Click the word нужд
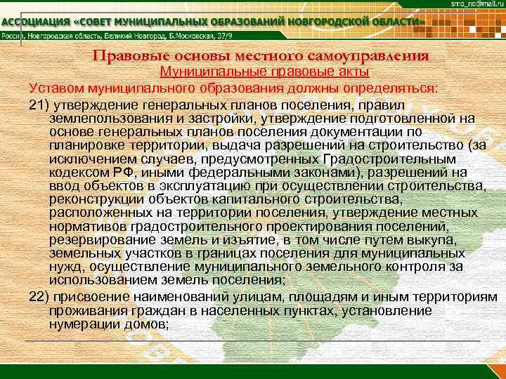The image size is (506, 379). [64, 266]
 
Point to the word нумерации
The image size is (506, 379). [80, 325]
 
